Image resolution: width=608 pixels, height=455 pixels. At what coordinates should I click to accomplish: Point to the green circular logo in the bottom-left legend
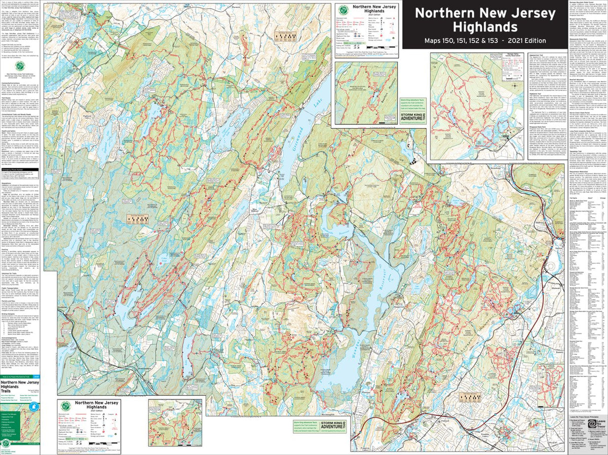coord(66,406)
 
